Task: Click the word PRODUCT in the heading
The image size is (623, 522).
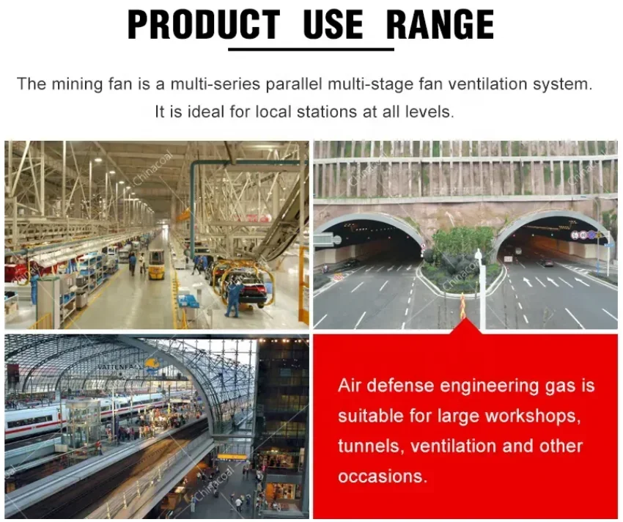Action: [x=204, y=25]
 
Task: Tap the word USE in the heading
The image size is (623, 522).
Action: [x=333, y=25]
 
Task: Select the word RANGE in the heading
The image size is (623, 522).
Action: [x=440, y=25]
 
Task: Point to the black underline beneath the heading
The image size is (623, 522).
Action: [x=311, y=49]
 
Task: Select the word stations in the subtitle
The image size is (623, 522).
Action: [x=327, y=111]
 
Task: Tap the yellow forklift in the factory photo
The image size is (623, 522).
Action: [x=156, y=264]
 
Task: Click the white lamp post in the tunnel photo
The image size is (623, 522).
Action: [x=482, y=290]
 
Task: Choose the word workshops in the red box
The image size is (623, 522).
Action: [x=533, y=416]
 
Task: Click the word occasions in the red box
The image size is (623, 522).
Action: [x=383, y=477]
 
